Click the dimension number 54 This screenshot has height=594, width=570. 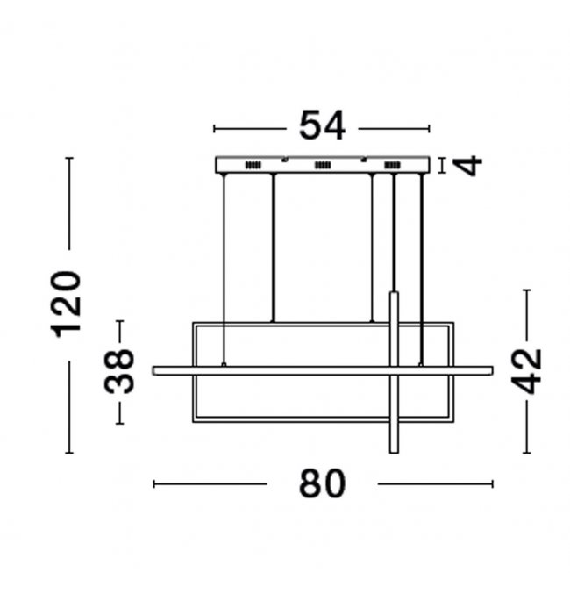click(x=322, y=125)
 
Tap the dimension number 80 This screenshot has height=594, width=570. click(x=323, y=483)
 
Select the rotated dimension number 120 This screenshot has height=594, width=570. click(x=66, y=304)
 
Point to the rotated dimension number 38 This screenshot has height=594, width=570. click(x=119, y=372)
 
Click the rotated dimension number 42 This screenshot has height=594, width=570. click(x=526, y=371)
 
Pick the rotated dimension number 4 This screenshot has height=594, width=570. click(x=468, y=166)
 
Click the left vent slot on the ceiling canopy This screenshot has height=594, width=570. click(x=253, y=165)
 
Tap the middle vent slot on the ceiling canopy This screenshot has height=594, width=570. click(x=323, y=165)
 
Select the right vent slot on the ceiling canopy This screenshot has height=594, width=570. click(x=392, y=165)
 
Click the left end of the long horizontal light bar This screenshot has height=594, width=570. click(x=153, y=371)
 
